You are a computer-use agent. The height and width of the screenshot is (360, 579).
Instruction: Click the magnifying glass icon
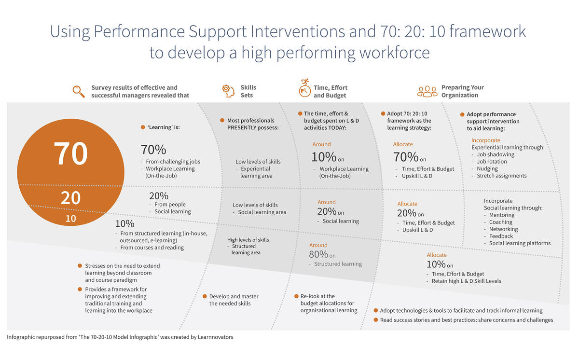point(78,91)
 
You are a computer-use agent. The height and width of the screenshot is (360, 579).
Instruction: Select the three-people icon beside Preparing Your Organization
point(427,91)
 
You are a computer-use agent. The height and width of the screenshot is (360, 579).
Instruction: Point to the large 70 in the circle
point(70,153)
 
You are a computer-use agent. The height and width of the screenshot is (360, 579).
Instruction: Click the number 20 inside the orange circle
point(70,198)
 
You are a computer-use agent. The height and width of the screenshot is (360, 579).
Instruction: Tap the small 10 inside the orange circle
point(71,219)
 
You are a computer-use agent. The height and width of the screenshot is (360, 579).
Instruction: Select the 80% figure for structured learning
point(318,255)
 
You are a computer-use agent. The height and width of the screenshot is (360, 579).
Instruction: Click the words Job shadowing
point(495,154)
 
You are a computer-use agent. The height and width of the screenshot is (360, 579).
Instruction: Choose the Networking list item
point(503,229)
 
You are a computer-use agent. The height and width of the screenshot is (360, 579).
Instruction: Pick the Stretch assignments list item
point(501,176)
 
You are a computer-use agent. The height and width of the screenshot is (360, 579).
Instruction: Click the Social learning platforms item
point(520,243)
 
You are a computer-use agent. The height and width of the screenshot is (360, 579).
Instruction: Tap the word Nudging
point(487,169)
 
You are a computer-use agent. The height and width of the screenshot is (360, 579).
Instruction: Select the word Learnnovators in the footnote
point(215,337)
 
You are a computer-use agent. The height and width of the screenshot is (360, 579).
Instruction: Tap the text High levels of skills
point(248,240)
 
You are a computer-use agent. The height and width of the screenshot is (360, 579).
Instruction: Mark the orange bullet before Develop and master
point(205,296)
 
